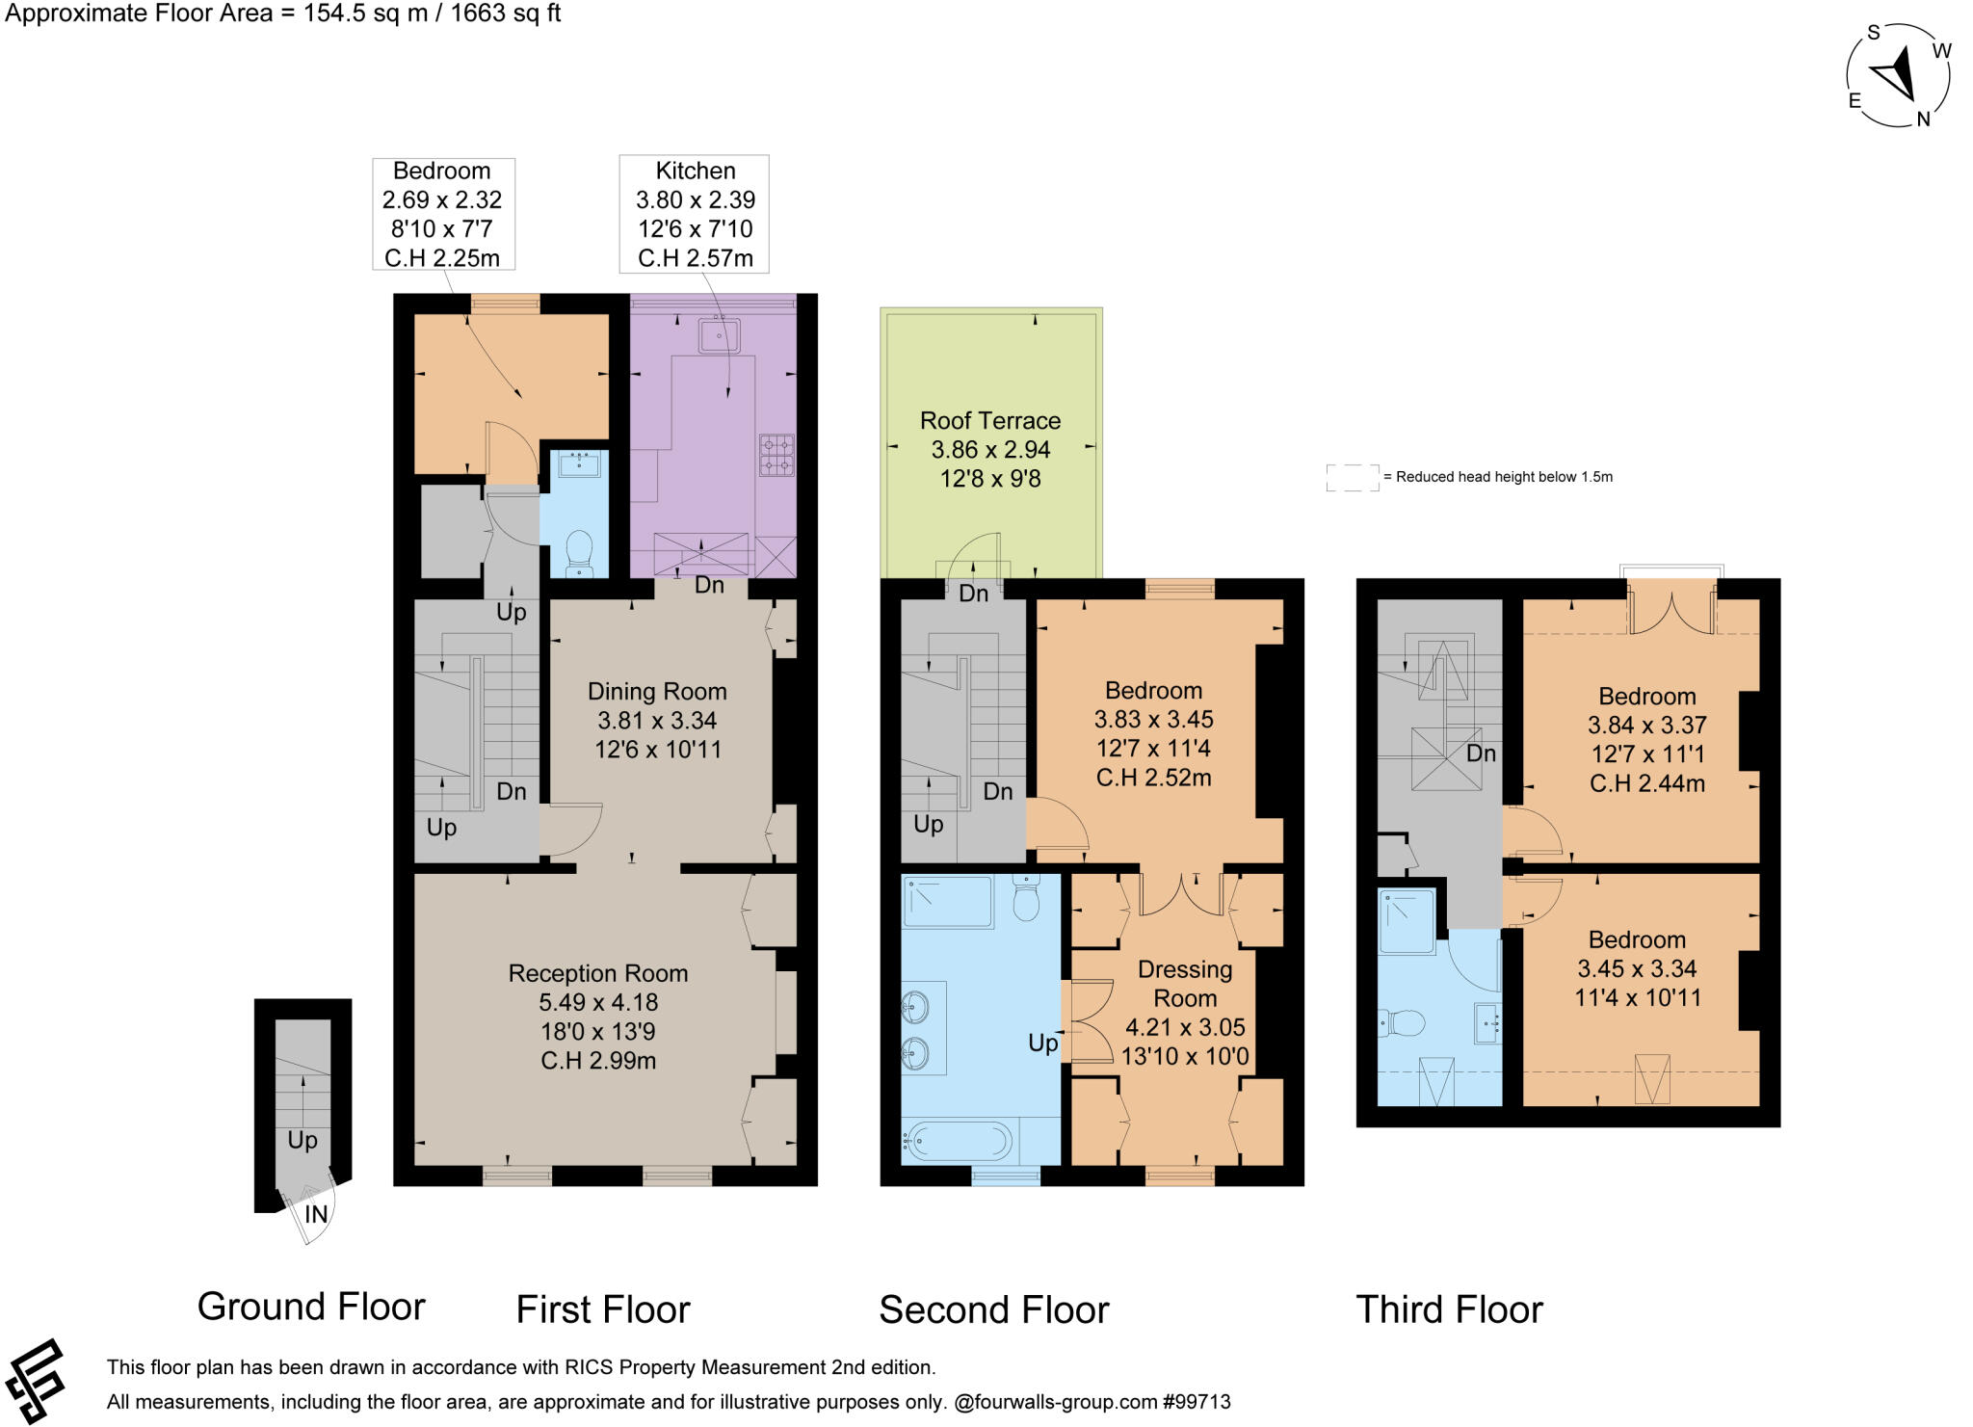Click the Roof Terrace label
tap(989, 421)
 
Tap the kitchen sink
tap(719, 335)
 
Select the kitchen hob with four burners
tap(776, 456)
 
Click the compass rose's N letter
tap(1923, 119)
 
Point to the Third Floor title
tap(1448, 1309)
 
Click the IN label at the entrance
tap(316, 1215)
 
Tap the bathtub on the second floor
tap(959, 1143)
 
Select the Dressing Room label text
tap(1184, 984)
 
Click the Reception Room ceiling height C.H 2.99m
tap(597, 1061)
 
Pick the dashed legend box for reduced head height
tap(1352, 477)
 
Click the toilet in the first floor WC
tap(579, 552)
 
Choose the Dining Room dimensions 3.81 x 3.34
tap(656, 721)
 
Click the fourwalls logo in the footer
tap(35, 1382)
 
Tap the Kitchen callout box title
tap(695, 172)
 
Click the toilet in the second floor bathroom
tap(1026, 900)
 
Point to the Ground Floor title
tap(310, 1307)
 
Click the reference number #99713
tap(1196, 1402)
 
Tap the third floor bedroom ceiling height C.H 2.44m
tap(1646, 783)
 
